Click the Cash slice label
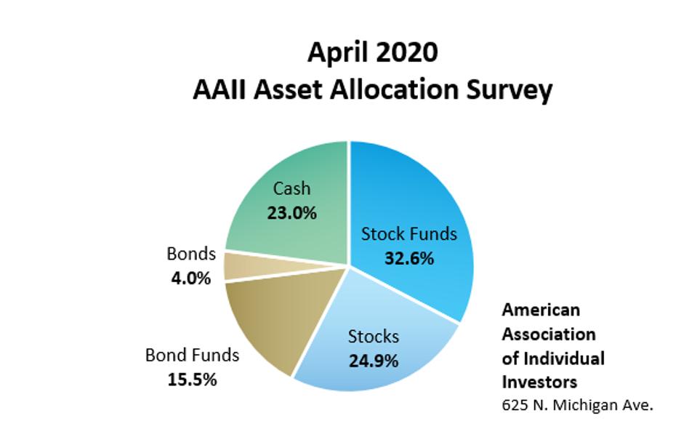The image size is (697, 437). coord(291,189)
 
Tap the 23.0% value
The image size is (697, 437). coord(291,213)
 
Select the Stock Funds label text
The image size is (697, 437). coord(409,234)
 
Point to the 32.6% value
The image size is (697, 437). coord(409,258)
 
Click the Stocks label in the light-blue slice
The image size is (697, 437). coord(374,337)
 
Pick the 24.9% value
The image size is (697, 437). coord(374,361)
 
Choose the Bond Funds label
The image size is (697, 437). coord(192,356)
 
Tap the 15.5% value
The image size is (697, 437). coord(192,380)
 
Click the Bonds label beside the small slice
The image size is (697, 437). coord(191,254)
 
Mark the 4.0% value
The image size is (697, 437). coord(191,278)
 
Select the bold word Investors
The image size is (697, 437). coord(540,382)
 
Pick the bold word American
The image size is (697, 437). coord(541,310)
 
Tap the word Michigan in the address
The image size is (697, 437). coord(584,405)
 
